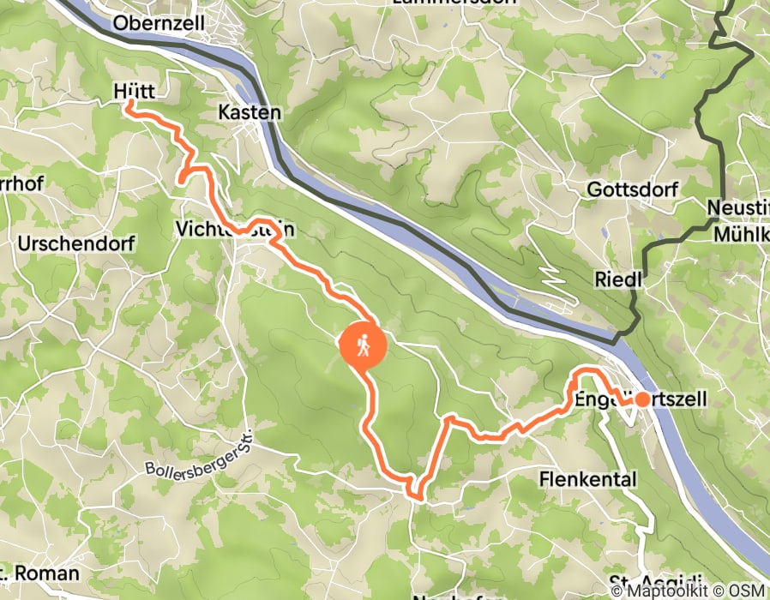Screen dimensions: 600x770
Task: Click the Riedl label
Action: click(617, 280)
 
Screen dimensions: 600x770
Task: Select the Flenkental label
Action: click(588, 479)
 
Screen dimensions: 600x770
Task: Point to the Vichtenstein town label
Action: click(236, 229)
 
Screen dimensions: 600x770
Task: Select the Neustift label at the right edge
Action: click(738, 207)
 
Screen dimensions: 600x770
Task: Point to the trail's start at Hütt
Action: click(130, 104)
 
